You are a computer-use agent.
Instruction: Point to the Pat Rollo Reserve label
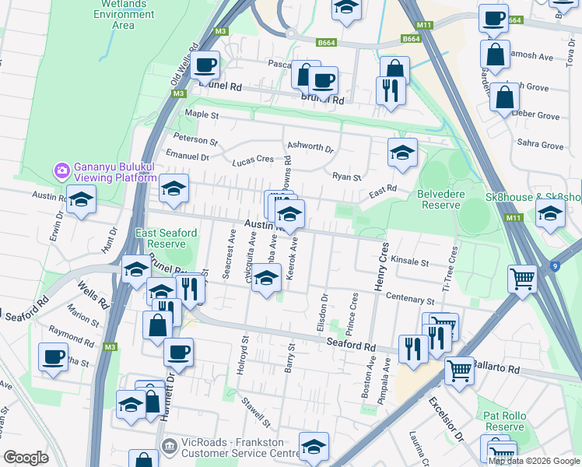(504, 421)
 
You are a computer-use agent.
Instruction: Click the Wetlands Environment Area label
(124, 14)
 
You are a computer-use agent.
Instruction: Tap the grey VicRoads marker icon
(167, 446)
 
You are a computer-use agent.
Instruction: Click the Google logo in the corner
(26, 458)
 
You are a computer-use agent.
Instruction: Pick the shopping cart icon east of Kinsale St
(522, 278)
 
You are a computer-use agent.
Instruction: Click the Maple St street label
(202, 114)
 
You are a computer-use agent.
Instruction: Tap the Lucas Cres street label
(253, 160)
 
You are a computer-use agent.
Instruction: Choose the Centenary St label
(408, 300)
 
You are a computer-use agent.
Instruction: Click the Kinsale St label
(410, 262)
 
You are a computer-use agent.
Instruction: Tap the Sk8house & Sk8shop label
(533, 198)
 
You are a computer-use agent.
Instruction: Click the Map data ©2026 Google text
(534, 460)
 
